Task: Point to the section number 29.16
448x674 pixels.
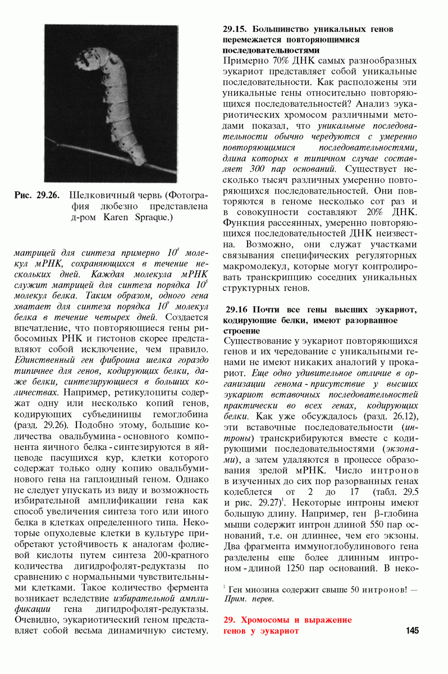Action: [236, 309]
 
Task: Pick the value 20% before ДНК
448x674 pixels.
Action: [374, 211]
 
